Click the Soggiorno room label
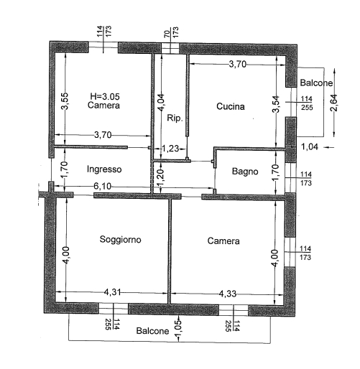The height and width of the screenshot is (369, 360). [x=120, y=240]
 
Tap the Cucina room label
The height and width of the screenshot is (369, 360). [x=231, y=106]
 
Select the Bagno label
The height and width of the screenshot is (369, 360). [x=245, y=172]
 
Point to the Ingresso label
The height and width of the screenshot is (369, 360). [x=104, y=169]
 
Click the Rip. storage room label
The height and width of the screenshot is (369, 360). [x=175, y=118]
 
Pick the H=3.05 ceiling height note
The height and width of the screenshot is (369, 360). [x=105, y=96]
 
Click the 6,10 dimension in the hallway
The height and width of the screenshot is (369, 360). [x=103, y=186]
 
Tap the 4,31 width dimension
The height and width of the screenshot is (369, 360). [x=112, y=292]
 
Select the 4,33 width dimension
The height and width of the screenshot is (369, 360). [x=228, y=294]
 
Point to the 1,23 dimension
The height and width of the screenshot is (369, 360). [x=170, y=149]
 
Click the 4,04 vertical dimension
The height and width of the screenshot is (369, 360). [x=161, y=102]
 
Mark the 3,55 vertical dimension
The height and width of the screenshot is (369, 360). [x=65, y=101]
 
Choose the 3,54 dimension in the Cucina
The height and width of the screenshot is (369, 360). [x=276, y=104]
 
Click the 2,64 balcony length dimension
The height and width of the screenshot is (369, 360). [x=333, y=103]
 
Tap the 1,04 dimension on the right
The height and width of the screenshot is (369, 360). [x=310, y=146]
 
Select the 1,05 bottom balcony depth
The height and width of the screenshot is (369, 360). [x=179, y=328]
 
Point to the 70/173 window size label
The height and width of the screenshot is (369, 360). [x=172, y=32]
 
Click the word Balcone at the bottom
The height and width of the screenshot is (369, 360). [x=152, y=331]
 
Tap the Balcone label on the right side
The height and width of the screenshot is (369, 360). [x=316, y=83]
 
